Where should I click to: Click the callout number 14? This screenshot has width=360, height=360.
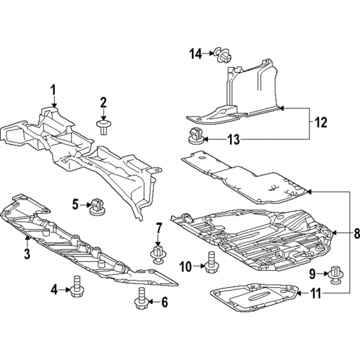[196, 54]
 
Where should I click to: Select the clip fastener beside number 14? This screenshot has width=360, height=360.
[223, 55]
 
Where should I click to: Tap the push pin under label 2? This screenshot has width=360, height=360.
[104, 127]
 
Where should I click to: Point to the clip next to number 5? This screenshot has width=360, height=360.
[97, 207]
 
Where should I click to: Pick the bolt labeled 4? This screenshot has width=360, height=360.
[76, 286]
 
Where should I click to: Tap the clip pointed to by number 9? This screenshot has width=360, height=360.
[336, 275]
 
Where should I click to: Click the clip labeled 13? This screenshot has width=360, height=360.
[196, 136]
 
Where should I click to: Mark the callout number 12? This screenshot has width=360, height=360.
[320, 122]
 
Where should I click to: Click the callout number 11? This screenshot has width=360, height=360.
[316, 294]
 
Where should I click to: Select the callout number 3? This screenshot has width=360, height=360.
[27, 254]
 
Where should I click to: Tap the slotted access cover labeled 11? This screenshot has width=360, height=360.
[254, 298]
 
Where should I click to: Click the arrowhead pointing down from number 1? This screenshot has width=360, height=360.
[54, 105]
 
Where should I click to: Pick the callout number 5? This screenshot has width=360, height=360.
[75, 205]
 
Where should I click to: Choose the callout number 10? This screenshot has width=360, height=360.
[185, 267]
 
